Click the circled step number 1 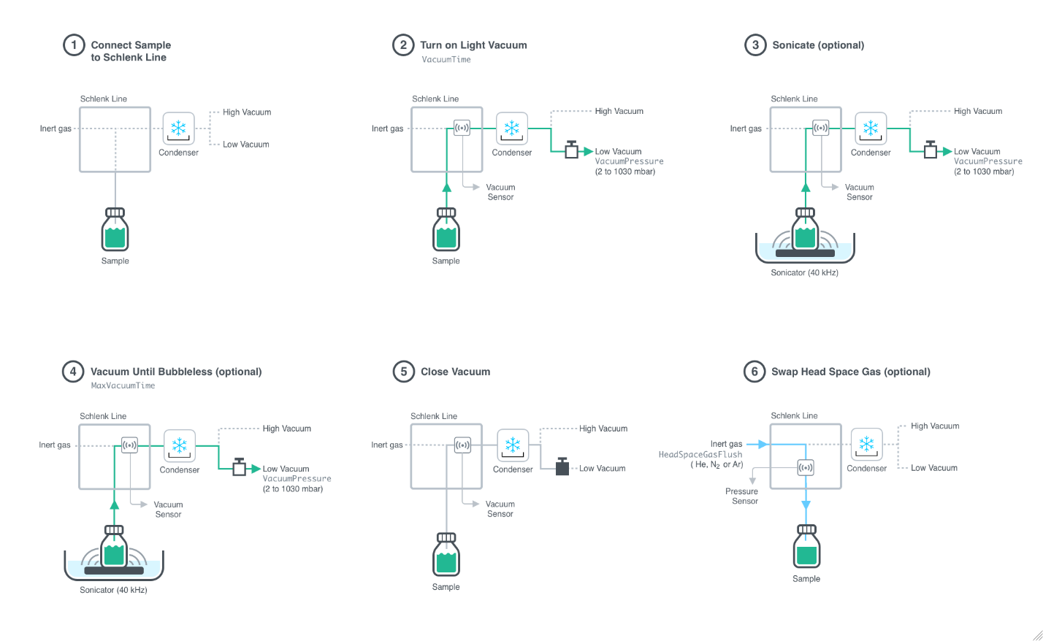74,45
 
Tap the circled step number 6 754,372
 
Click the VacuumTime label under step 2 446,60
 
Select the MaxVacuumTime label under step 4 123,385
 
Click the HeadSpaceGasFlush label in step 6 700,454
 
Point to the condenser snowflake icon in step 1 178,129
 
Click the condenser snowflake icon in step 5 513,445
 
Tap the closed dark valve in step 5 562,467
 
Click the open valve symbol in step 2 572,150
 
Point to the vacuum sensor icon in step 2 462,128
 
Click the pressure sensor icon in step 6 806,467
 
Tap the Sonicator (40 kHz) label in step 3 804,273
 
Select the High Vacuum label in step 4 286,429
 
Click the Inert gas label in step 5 386,445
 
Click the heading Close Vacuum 455,372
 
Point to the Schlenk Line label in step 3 794,99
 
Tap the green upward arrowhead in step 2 446,187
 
